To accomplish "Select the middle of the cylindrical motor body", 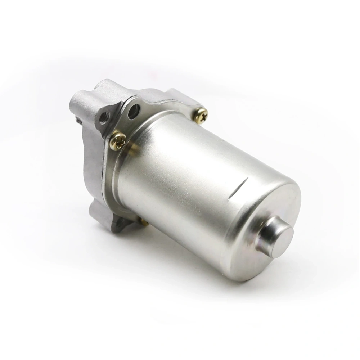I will (x=194, y=180).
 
